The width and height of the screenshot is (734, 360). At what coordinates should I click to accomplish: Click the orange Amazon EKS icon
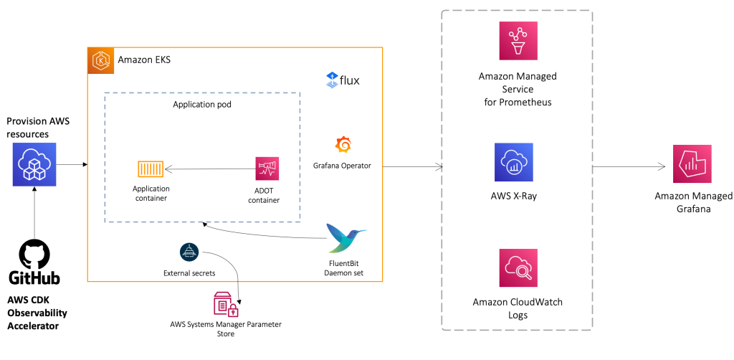(x=100, y=60)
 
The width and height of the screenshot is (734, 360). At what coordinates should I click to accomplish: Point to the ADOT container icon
(x=267, y=169)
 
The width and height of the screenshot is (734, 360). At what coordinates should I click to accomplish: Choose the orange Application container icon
(x=151, y=169)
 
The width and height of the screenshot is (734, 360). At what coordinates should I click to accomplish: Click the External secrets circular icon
(x=189, y=252)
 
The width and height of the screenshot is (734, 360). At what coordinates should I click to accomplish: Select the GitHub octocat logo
(x=34, y=254)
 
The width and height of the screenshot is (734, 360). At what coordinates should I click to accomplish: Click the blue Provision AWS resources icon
(x=34, y=165)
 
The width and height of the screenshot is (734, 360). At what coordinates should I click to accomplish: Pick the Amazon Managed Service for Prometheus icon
(x=518, y=41)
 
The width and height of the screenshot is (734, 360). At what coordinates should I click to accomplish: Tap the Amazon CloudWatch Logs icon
(x=518, y=267)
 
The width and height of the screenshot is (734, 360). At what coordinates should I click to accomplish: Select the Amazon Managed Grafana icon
(x=692, y=164)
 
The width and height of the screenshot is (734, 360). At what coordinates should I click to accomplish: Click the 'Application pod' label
(x=201, y=104)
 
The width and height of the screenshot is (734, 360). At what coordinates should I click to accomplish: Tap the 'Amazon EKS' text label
(x=143, y=60)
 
